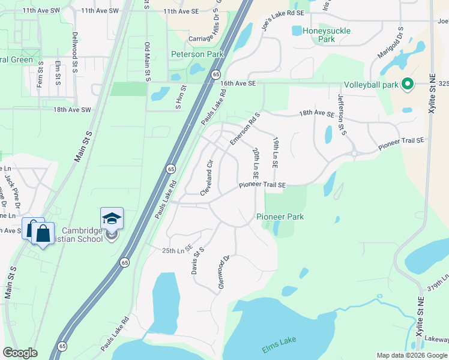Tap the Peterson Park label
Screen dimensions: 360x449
coord(197,54)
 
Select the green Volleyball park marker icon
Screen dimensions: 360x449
coord(408,84)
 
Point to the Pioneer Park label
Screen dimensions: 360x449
coord(280,217)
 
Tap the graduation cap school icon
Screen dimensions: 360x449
coord(112,218)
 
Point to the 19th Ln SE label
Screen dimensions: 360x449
coord(276,152)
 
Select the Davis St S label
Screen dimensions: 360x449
coord(198,260)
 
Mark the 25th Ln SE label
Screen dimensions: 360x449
coord(177,248)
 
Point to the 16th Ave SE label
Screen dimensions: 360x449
coord(238,83)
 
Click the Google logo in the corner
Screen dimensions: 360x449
coord(20,353)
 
